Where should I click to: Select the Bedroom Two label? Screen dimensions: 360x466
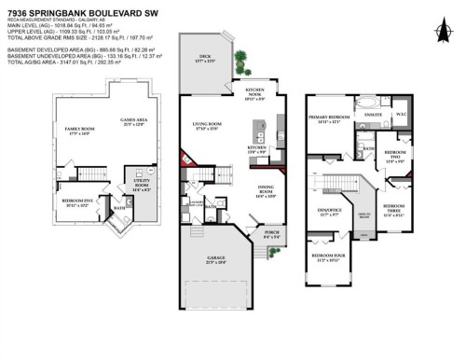(x=394, y=155)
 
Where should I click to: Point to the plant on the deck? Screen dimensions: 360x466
(x=243, y=62)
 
